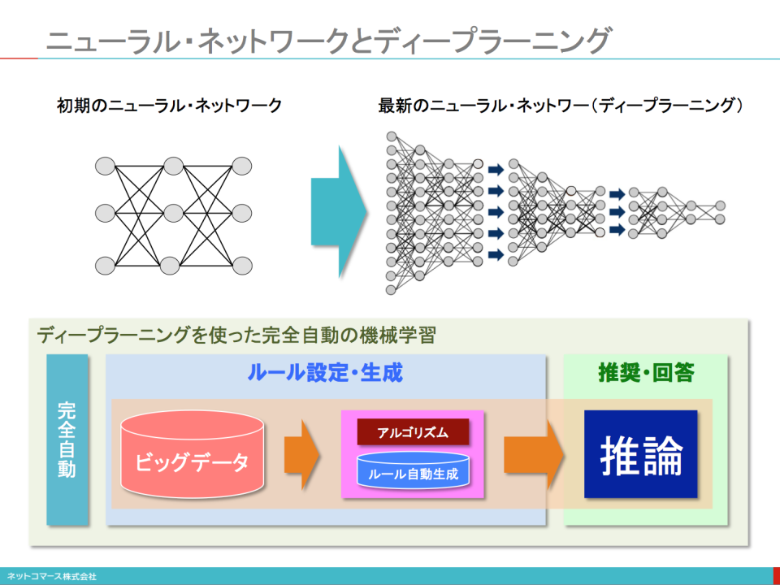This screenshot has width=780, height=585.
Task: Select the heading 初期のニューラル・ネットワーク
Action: point(169,106)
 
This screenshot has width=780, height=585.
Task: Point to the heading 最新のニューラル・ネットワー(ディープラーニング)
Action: point(561,106)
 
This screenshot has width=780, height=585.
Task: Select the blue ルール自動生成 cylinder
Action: point(414,472)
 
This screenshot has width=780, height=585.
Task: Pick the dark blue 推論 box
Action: point(640,455)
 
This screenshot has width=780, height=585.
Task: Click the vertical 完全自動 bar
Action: point(67,439)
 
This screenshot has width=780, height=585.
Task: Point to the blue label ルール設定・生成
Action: point(325,374)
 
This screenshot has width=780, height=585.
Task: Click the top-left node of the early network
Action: point(105,167)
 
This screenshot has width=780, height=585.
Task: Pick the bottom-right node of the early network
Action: point(241,266)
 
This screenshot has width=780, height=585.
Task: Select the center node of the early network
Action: point(172,214)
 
